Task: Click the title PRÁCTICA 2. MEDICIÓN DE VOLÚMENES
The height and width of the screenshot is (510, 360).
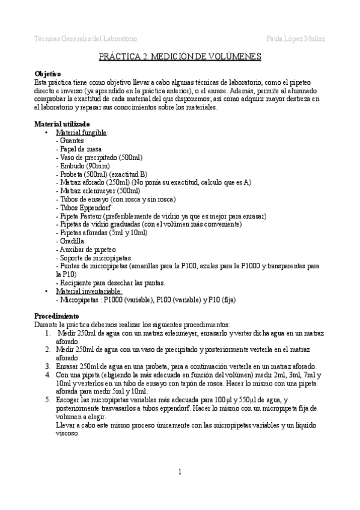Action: point(180,57)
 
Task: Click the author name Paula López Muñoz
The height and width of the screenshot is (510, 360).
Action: point(296,38)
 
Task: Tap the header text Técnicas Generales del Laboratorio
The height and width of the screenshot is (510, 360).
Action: point(86,38)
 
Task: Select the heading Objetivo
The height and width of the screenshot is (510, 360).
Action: point(47,73)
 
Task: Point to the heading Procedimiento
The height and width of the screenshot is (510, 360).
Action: point(56,315)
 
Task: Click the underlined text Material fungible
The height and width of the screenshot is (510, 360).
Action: point(81,132)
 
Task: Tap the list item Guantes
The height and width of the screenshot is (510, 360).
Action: point(70,140)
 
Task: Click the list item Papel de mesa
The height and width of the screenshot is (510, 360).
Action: point(79,149)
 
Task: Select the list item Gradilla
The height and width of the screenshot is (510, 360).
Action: point(71,241)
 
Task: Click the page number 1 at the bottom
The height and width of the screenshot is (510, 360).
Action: point(180,472)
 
